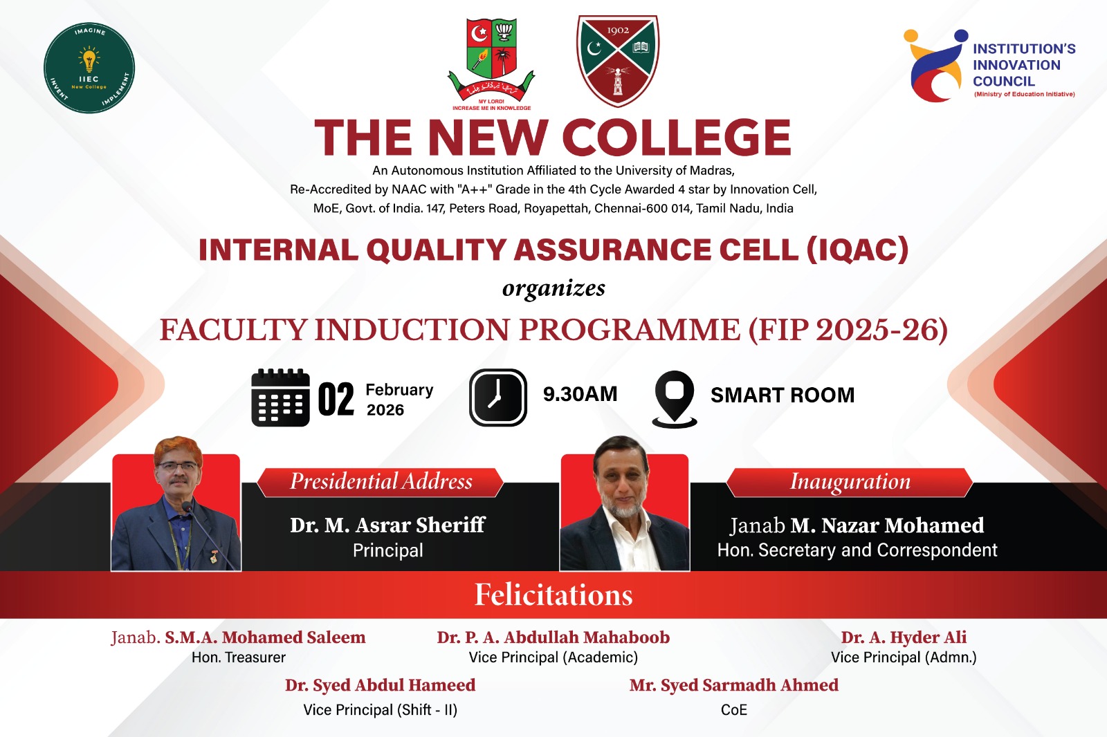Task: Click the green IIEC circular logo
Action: [x=89, y=68]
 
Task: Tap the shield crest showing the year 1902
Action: [x=618, y=60]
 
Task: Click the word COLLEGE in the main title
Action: [x=677, y=138]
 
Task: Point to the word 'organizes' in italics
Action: [x=553, y=288]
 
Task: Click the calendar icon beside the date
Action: [x=280, y=397]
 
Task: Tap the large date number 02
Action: [x=336, y=399]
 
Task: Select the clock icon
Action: [x=497, y=397]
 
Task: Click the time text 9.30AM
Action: [x=580, y=394]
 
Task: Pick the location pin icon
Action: [x=675, y=399]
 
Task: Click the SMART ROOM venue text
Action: [x=783, y=395]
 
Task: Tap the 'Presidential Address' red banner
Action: [x=381, y=482]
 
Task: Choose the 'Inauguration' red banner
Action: [x=850, y=482]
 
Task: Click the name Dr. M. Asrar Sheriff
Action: [x=387, y=525]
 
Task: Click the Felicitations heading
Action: [x=553, y=595]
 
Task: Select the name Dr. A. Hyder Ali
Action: [x=904, y=637]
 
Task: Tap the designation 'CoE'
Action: [x=734, y=710]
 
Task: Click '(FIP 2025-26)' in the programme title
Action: [x=848, y=330]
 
